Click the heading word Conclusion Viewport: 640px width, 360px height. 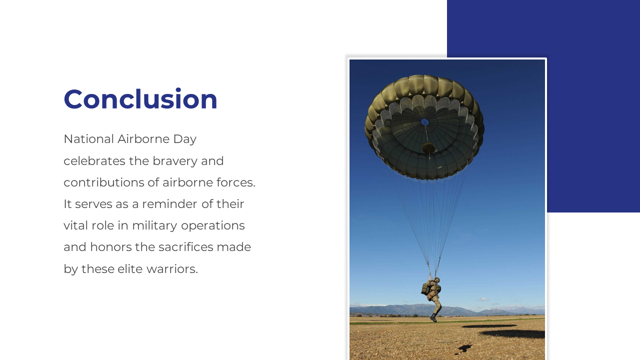(x=140, y=99)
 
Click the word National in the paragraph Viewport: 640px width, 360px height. (x=89, y=139)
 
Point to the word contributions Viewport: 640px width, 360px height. (x=103, y=182)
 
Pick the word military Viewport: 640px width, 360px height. (x=154, y=225)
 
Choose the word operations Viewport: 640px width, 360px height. (x=213, y=225)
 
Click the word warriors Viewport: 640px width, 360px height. (x=172, y=269)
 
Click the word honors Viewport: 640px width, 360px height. (x=111, y=247)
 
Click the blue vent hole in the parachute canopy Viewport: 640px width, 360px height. (x=425, y=122)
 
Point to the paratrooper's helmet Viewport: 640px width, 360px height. (x=437, y=279)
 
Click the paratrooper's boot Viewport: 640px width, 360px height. (x=433, y=318)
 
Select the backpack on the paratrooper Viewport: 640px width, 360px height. (x=425, y=288)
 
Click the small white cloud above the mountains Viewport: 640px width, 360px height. (x=483, y=299)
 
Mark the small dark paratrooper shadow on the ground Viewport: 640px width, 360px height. (x=464, y=348)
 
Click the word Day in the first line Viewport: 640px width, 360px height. (x=185, y=139)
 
